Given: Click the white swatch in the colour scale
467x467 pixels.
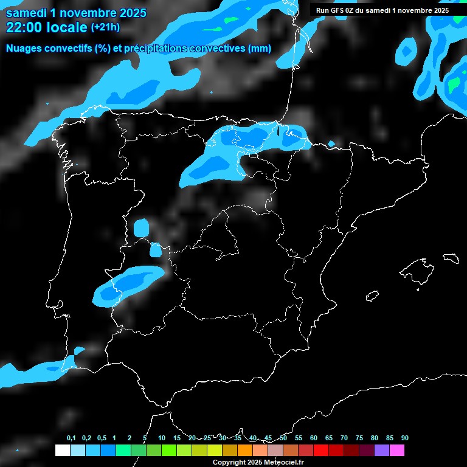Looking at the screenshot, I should tap(62, 451).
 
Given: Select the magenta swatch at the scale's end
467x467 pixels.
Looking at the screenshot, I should tap(397, 451).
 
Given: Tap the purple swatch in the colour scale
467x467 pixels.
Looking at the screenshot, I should tap(382, 451).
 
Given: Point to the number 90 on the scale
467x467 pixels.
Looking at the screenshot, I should tap(405, 438).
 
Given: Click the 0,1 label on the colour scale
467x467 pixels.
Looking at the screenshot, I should tap(71, 438).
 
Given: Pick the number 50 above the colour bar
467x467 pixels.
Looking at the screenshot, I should tap(283, 438).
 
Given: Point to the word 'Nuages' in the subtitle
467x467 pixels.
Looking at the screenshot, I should tap(22, 49).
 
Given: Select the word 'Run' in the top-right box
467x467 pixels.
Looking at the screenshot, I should tap(323, 10).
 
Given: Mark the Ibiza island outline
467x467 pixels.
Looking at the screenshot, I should tap(372, 296).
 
